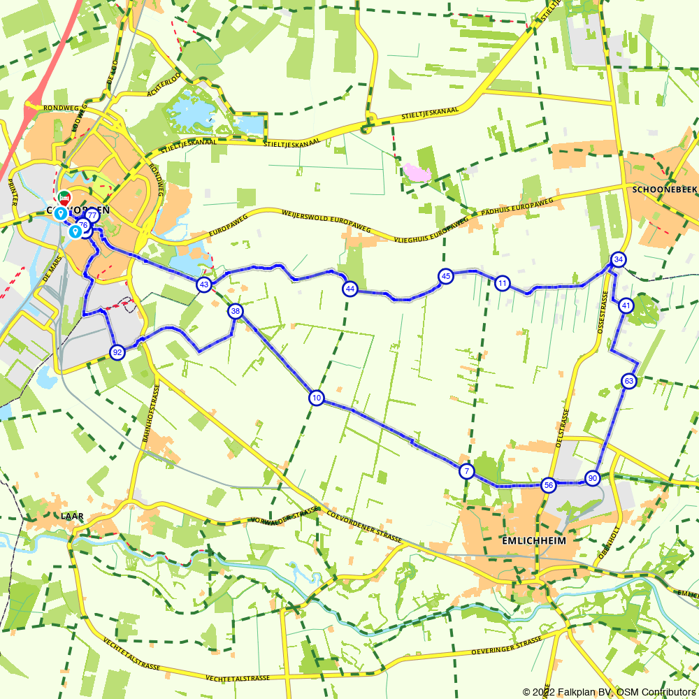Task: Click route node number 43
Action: (x=203, y=284)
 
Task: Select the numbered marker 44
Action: (x=350, y=289)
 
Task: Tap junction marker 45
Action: (x=445, y=277)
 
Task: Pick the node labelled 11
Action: (x=502, y=283)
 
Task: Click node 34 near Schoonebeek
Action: (x=618, y=259)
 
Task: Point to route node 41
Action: (x=626, y=305)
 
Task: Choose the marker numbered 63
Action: (x=629, y=381)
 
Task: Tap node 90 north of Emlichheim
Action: (x=593, y=478)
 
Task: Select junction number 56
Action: (x=549, y=485)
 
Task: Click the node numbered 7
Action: (x=466, y=471)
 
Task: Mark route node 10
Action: (x=317, y=398)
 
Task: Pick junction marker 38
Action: (x=236, y=311)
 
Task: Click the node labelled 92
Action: (x=117, y=352)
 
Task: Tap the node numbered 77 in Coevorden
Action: (x=92, y=215)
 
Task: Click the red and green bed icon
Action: (x=64, y=197)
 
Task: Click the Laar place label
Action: (x=73, y=516)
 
